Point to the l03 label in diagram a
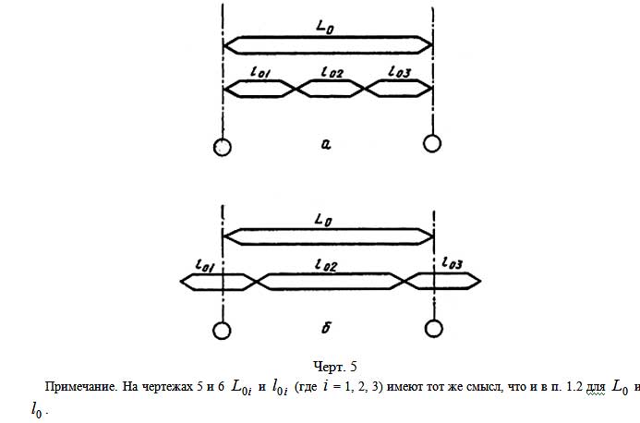399,71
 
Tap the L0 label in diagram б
323,221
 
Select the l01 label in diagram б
205,265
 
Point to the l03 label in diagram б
453,264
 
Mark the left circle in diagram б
222,330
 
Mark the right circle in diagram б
432,329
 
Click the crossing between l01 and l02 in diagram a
296,88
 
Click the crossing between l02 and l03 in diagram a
366,88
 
